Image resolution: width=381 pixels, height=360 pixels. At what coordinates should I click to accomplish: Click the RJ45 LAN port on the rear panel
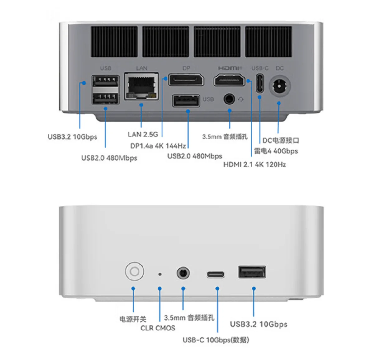(x=141, y=86)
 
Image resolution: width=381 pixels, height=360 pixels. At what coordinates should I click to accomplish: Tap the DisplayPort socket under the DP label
(x=186, y=80)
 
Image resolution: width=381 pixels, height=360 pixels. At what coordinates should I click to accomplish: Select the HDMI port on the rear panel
(x=229, y=80)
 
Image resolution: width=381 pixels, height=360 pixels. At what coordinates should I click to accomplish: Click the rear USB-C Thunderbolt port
(x=260, y=83)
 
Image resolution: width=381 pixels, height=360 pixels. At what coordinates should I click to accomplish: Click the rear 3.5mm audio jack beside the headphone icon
(x=229, y=99)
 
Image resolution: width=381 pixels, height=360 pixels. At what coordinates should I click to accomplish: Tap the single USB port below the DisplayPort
(x=186, y=101)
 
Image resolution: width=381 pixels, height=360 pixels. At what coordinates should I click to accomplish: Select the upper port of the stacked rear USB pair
(x=106, y=81)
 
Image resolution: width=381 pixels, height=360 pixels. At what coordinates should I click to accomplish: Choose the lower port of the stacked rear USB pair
(x=106, y=98)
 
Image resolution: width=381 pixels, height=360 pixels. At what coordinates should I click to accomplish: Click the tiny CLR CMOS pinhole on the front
(x=160, y=274)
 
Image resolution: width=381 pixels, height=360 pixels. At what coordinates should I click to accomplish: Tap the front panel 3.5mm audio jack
(x=183, y=273)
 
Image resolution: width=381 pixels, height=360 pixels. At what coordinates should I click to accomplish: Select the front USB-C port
(x=215, y=275)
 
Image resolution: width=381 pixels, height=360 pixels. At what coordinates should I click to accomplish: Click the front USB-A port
(x=252, y=272)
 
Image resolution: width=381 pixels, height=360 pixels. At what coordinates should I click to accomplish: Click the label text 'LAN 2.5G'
(x=143, y=134)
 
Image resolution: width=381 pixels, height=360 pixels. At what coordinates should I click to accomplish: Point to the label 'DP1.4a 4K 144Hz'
(x=158, y=146)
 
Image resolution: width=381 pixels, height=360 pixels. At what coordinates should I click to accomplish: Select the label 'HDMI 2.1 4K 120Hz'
(x=254, y=164)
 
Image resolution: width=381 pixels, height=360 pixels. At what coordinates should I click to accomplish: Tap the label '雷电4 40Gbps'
(x=276, y=151)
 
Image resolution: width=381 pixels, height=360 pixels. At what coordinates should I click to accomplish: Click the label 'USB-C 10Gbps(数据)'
(x=216, y=340)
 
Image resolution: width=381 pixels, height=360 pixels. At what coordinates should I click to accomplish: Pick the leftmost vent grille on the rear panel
(x=114, y=42)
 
